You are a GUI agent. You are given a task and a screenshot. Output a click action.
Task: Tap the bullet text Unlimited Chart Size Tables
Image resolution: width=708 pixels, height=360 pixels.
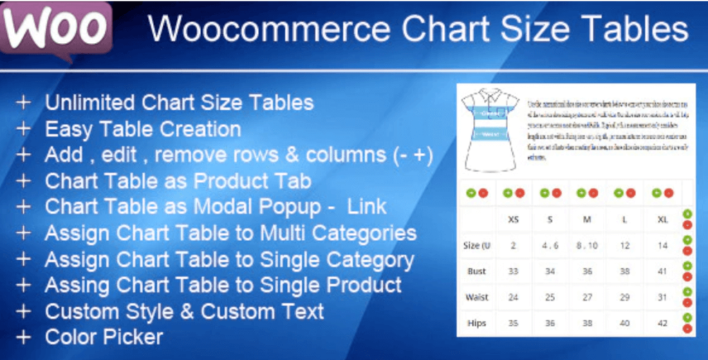point(179,103)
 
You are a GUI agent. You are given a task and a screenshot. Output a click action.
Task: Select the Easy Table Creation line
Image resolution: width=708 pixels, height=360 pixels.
point(142,129)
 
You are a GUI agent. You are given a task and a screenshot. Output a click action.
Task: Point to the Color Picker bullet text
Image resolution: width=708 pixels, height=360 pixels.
point(104,337)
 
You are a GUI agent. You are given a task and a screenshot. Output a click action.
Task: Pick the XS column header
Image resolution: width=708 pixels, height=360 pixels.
point(513,219)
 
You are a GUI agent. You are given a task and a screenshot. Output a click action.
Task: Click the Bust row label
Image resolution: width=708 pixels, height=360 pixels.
point(476,272)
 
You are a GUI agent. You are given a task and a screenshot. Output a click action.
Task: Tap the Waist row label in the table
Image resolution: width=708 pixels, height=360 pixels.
point(476,297)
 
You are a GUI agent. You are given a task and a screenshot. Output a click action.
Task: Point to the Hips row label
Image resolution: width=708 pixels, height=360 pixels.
point(476,323)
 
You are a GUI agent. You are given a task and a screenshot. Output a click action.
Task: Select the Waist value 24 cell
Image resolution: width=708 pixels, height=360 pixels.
point(513,297)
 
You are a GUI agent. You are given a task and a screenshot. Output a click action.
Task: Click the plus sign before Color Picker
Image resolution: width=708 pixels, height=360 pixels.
point(24,337)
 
